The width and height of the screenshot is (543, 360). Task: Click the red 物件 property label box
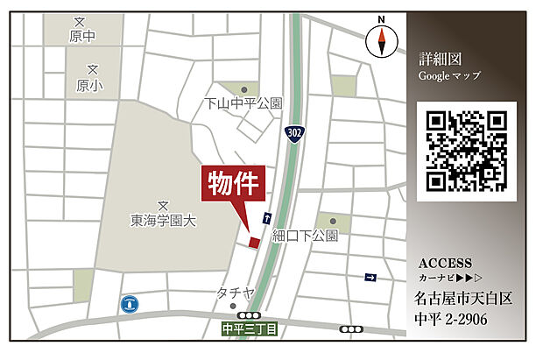click(x=235, y=184)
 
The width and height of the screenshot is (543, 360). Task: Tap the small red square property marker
click(x=254, y=242)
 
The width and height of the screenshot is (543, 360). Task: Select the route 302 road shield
click(x=295, y=132)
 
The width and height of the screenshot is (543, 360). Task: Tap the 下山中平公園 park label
click(x=243, y=103)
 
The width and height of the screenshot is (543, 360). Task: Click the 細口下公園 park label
click(x=305, y=236)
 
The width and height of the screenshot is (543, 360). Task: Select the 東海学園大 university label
click(x=164, y=221)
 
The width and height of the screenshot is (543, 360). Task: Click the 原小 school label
click(x=89, y=85)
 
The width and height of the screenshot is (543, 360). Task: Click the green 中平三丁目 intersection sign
click(x=250, y=329)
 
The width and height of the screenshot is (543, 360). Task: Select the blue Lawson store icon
click(x=130, y=303)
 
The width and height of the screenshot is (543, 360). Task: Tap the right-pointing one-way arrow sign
click(x=370, y=277)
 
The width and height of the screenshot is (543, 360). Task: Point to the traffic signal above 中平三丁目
click(x=250, y=315)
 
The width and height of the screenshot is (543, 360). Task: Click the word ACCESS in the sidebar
click(x=445, y=263)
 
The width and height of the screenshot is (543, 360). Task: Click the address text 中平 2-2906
click(x=451, y=319)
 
